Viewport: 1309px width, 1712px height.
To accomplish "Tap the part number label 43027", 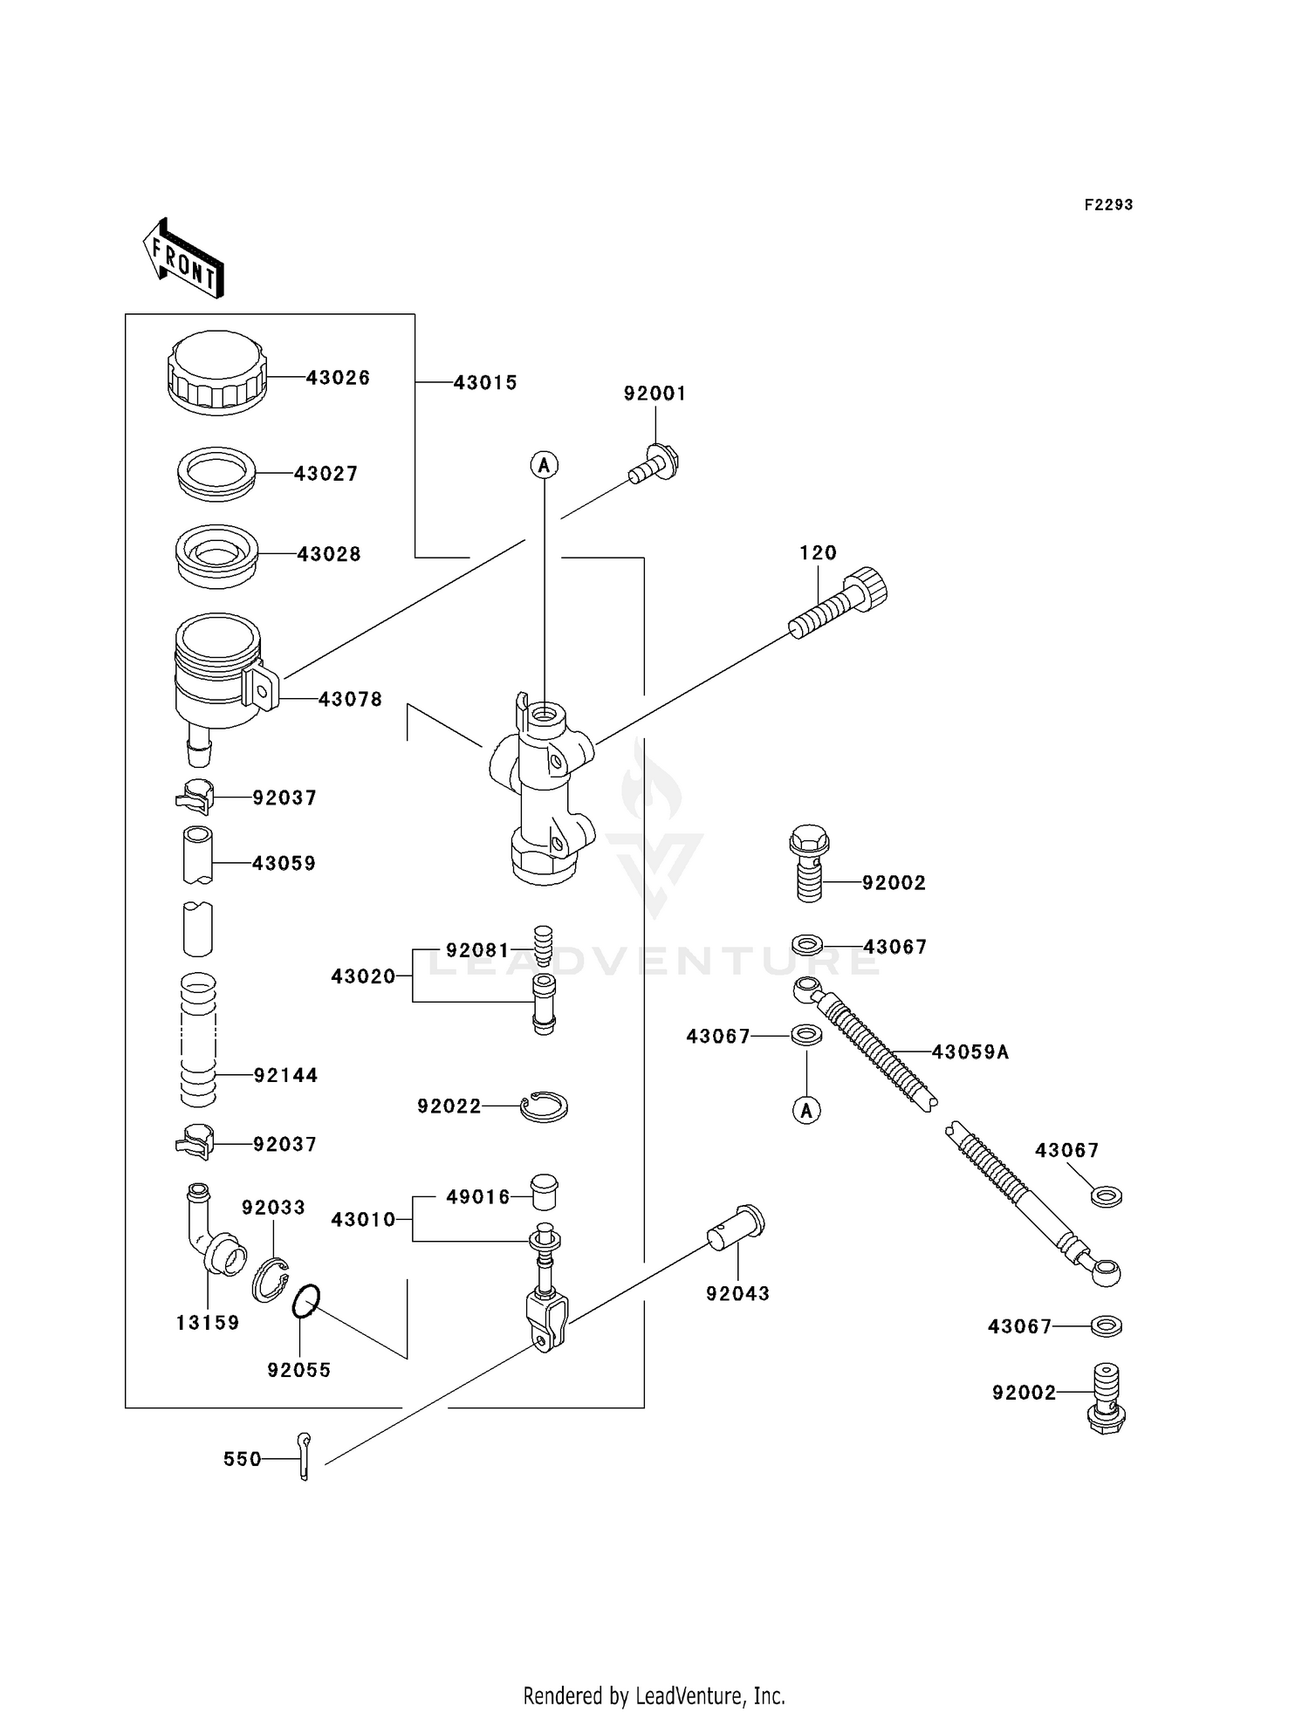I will [x=326, y=474].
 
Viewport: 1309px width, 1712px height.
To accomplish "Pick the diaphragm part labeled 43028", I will [x=216, y=555].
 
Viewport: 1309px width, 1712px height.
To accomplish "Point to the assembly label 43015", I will [x=485, y=382].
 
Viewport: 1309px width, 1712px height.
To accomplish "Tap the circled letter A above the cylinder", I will [x=545, y=465].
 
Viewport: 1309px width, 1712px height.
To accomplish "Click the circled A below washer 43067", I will [x=806, y=1111].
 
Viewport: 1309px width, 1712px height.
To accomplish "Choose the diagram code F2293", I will [x=1108, y=205].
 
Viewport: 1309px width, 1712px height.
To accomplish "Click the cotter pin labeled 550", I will [x=303, y=1457].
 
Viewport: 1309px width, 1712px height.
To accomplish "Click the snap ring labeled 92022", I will [x=544, y=1106].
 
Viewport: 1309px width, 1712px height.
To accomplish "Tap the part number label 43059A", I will [x=970, y=1052].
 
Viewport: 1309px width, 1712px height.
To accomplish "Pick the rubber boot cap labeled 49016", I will [x=545, y=1191].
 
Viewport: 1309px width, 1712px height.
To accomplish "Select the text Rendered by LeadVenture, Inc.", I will [x=654, y=1695].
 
